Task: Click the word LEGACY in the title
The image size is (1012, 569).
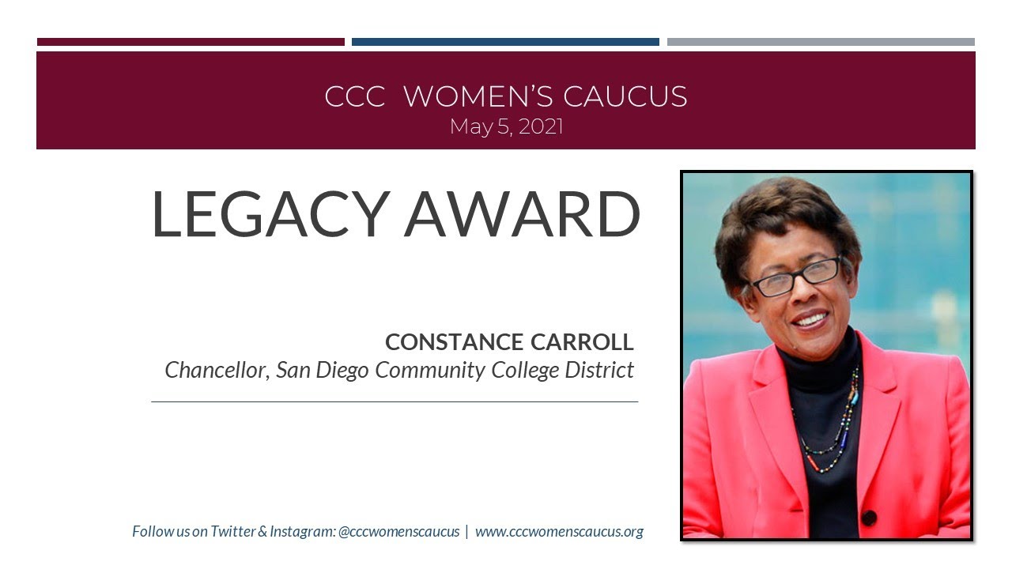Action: tap(269, 213)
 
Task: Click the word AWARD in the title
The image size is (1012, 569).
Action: tap(522, 213)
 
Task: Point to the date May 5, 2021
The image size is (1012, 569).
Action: tap(506, 126)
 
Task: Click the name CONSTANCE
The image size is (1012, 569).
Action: tap(454, 342)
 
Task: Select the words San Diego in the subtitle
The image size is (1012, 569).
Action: tap(323, 370)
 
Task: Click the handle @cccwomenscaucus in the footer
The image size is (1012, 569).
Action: tap(398, 532)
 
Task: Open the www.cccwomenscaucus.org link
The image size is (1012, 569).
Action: tap(559, 532)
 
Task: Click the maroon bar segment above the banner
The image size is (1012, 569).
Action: tap(191, 42)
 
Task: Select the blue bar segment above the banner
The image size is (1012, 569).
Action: tap(505, 42)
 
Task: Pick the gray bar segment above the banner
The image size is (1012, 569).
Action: tap(821, 42)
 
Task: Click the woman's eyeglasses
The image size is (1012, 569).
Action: tap(795, 277)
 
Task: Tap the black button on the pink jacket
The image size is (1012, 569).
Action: tap(869, 518)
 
